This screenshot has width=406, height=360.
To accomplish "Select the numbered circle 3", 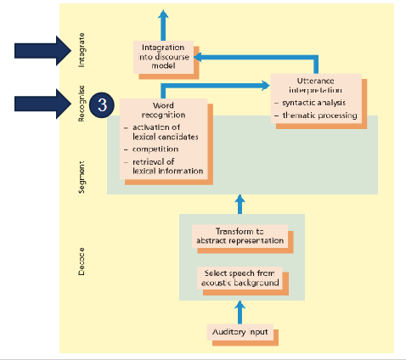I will (x=101, y=105).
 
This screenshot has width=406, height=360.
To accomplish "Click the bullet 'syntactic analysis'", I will (x=314, y=102).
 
